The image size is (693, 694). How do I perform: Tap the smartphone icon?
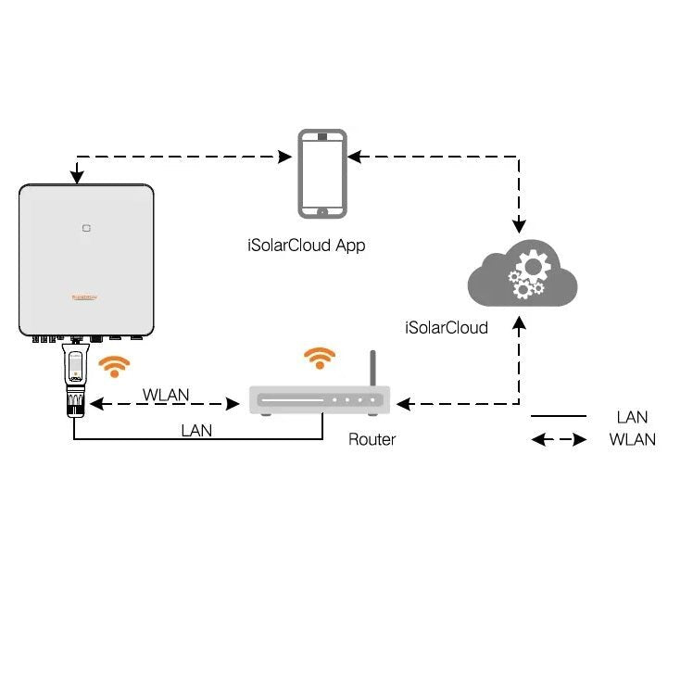coord(321,173)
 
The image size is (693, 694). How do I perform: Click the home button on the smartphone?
coord(321,211)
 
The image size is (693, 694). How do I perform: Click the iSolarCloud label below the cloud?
coord(447,327)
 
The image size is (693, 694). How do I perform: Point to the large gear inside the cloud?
coord(532,267)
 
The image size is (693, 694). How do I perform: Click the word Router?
coord(372,439)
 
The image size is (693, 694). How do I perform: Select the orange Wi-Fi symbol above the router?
coord(320,359)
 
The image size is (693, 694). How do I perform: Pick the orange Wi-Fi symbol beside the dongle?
coord(115,367)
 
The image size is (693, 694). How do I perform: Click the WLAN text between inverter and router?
coord(166,395)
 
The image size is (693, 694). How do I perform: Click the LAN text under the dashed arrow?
coord(196,430)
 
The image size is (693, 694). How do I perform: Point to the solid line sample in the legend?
coord(559,417)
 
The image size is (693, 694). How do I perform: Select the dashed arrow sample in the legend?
coord(559,440)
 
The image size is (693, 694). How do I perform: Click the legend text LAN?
coord(632,418)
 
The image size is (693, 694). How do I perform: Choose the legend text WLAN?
coord(632,440)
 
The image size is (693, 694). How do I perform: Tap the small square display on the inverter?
coord(85,225)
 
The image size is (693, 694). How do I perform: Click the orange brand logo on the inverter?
coord(86,297)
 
